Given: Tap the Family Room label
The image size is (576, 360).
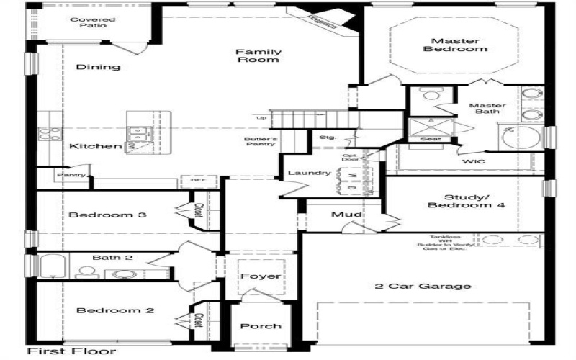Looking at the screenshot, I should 258,55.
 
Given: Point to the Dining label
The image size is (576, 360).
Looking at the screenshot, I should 98,67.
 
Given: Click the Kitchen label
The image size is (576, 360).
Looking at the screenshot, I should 95,146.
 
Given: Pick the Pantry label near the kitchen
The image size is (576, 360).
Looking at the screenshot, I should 72,175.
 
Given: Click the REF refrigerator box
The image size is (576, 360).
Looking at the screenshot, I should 198,180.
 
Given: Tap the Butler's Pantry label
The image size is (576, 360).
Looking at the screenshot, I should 258,140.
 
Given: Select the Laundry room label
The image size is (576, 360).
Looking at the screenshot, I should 309,173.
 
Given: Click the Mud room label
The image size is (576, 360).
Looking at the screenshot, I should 346,215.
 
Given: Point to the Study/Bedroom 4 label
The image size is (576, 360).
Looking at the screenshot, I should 464,201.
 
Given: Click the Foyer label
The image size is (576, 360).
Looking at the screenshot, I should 261,276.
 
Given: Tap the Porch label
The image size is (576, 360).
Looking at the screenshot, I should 261,325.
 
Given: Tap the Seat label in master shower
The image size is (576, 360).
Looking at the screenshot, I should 431,139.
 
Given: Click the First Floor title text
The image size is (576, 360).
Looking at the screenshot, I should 71,351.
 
